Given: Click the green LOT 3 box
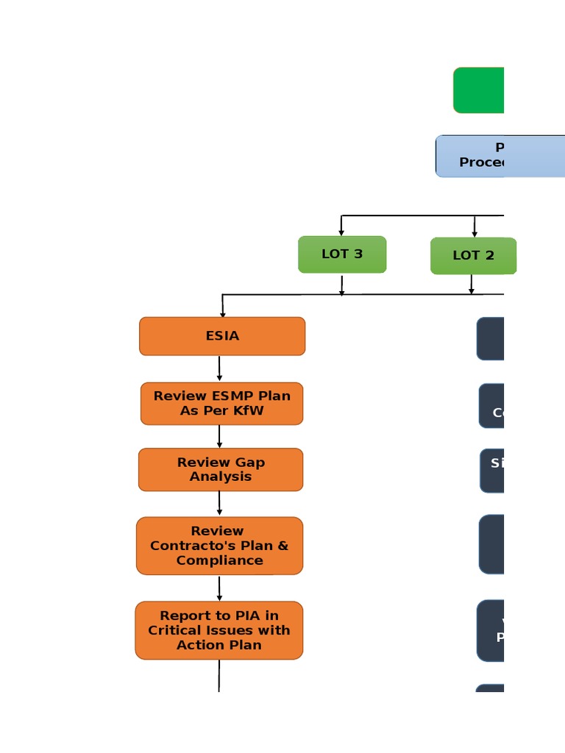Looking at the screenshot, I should (342, 254).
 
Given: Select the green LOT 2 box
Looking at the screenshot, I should (473, 256).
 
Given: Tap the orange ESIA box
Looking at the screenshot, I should (222, 336).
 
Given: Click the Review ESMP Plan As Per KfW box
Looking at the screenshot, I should (221, 403).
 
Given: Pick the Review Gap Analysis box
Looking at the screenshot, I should (221, 469).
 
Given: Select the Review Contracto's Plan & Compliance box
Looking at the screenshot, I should (219, 546).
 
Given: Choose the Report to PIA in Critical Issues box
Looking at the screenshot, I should (219, 630).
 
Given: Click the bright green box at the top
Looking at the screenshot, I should (479, 90).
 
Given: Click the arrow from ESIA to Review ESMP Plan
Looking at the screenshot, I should (219, 368).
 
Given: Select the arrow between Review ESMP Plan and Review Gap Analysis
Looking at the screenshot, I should (219, 436).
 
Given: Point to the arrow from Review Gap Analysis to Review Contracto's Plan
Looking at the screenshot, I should (219, 504).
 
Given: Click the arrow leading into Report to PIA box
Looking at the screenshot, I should (219, 588).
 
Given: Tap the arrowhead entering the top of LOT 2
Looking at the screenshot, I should (475, 233).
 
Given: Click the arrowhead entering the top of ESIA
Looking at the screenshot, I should (222, 314).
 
